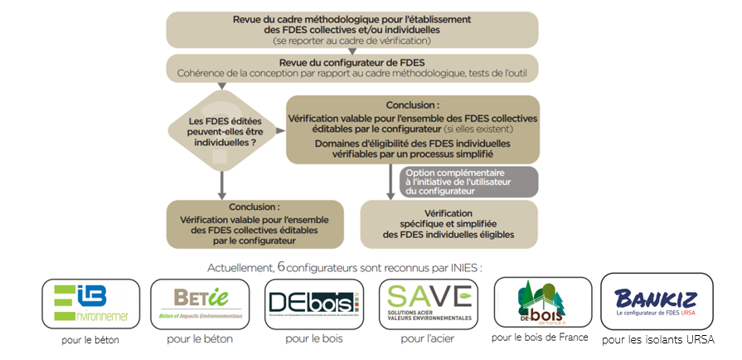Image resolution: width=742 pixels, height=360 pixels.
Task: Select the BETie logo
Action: [199, 304]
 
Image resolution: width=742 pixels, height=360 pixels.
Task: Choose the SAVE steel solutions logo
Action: [425, 304]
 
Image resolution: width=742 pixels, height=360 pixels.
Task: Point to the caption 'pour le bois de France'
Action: [540, 337]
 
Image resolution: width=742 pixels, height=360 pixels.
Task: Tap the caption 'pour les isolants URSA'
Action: [657, 339]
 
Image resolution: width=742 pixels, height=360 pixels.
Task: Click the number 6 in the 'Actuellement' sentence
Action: [281, 266]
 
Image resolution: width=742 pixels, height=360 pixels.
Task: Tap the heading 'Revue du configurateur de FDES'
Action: [352, 61]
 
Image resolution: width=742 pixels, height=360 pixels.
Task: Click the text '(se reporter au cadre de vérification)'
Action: [352, 40]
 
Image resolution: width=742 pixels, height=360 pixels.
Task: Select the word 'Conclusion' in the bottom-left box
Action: [255, 207]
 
